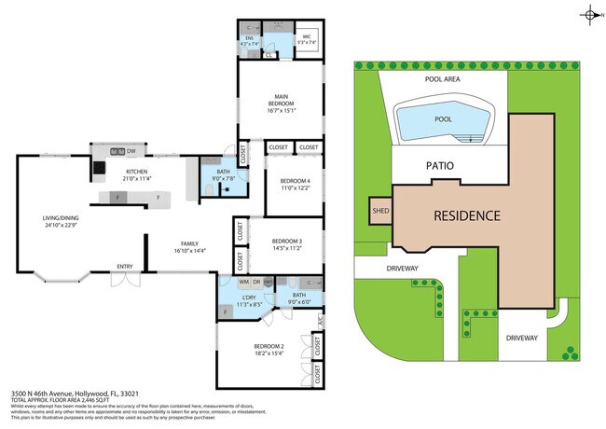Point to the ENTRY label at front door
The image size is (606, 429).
tap(124, 268)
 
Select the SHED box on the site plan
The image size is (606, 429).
tap(380, 211)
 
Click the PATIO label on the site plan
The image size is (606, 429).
tap(440, 166)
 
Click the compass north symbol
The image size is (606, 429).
tap(589, 14)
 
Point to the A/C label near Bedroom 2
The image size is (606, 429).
tap(320, 322)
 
